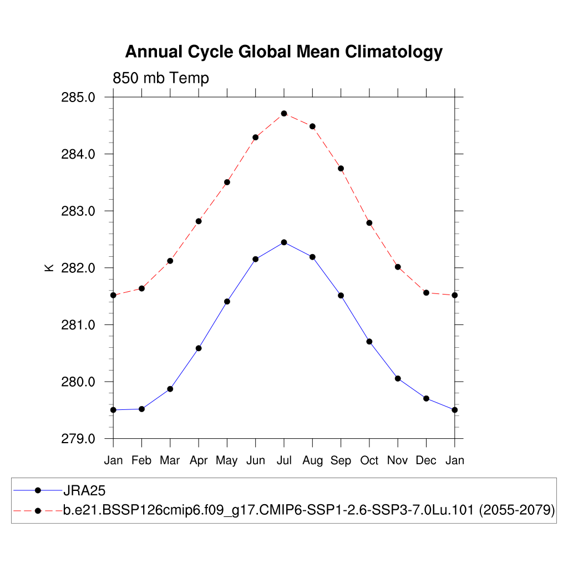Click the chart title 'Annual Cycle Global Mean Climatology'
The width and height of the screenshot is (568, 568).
pos(283,52)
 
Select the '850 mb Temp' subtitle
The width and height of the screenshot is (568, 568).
pos(161,78)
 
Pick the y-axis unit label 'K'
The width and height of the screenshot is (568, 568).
pos(49,267)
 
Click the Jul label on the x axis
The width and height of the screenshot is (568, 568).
pos(284,460)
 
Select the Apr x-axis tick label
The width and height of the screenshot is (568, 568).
pos(199,460)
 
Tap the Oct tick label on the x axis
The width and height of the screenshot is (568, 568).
pos(369,460)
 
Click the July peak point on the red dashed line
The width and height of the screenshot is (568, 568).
pos(284,113)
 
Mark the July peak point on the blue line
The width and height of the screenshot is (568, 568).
pos(284,242)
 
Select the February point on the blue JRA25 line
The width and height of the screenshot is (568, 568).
pos(141,409)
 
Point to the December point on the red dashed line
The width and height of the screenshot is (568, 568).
pos(426,292)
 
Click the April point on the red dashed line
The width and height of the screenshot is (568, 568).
pos(199,221)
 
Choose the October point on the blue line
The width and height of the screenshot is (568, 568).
pos(369,341)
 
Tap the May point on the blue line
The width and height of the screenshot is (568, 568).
pos(227,301)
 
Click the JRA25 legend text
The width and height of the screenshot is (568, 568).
pos(84,490)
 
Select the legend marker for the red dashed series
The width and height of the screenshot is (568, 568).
pos(38,510)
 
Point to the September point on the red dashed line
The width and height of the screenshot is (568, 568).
pos(341,168)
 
